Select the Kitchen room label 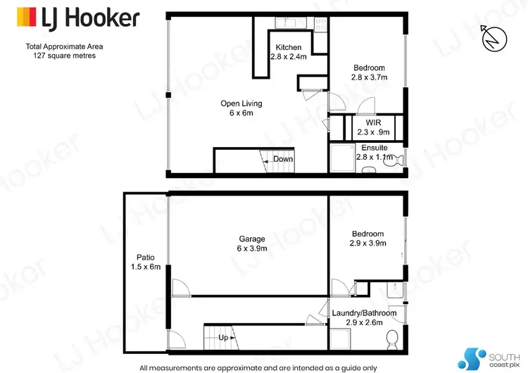(289, 48)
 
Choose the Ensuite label (374, 148)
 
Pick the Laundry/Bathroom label (363, 313)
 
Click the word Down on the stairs (283, 159)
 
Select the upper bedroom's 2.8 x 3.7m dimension (369, 77)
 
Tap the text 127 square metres (63, 56)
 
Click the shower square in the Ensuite (341, 156)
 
